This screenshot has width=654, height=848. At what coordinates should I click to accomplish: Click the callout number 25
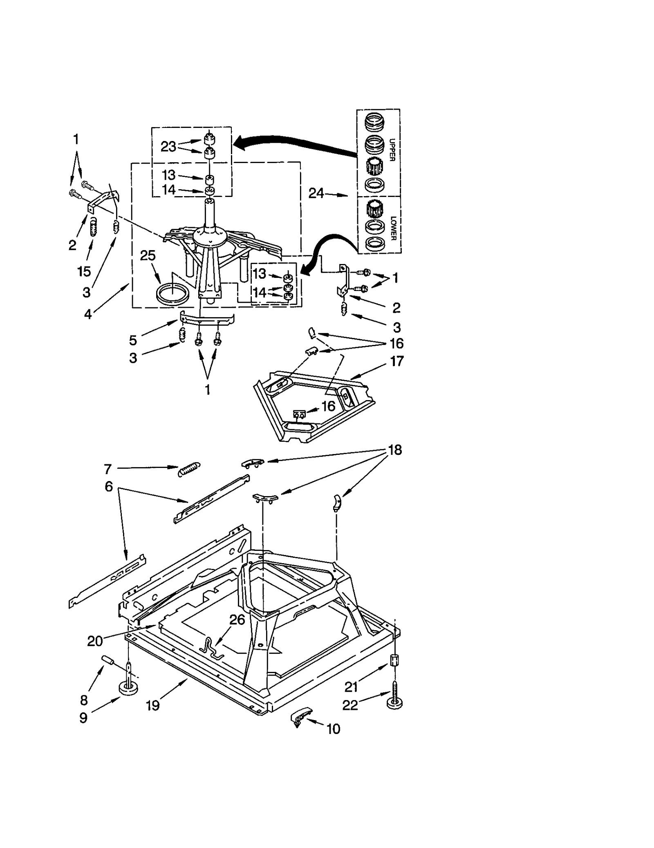point(148,255)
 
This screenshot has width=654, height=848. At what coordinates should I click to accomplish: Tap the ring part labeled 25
point(173,294)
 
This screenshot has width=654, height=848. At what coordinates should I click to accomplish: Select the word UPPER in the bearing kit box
point(392,150)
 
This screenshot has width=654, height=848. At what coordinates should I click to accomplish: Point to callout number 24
point(316,193)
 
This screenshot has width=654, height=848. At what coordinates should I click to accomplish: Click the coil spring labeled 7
point(189,469)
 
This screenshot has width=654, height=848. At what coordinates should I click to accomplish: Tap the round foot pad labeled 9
point(128,688)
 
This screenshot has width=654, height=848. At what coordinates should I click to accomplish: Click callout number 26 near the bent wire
point(237,620)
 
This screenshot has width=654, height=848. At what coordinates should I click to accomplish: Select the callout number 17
point(396,361)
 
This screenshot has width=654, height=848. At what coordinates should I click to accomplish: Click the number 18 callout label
point(394,450)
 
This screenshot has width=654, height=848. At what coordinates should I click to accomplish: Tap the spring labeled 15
point(94,227)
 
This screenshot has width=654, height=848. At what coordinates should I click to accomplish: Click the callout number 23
point(168,146)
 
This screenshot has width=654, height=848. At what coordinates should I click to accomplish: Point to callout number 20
point(95,641)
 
